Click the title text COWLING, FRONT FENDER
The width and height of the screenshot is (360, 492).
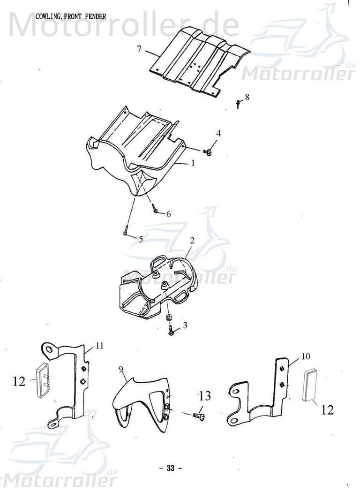pos(71,16)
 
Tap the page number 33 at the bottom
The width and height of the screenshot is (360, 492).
pos(171,468)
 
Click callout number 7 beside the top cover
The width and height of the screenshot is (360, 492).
pos(139,49)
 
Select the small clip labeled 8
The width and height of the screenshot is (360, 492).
pos(239,103)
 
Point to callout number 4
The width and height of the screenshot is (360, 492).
pos(218,134)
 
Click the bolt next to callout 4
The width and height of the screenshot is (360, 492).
pos(207,151)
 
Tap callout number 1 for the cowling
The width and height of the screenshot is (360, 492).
pos(192,163)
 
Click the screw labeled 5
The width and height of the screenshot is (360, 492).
pos(126,232)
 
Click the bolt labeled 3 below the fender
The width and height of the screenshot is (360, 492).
pos(171,333)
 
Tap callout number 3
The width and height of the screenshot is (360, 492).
pos(185,325)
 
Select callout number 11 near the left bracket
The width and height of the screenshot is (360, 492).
pos(99,346)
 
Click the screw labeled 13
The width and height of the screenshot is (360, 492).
pos(198,415)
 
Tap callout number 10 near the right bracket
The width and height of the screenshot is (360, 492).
pos(305,356)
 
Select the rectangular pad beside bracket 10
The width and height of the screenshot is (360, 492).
pos(310,385)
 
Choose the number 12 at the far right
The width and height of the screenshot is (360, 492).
pos(327,410)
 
